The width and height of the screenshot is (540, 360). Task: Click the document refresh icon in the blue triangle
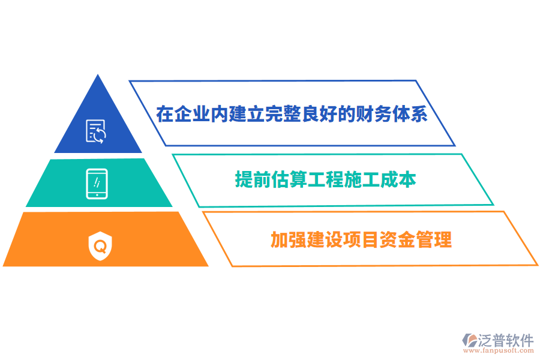(x=96, y=131)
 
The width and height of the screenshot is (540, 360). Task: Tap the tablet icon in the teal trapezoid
(x=97, y=184)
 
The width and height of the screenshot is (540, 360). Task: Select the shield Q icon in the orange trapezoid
(x=100, y=246)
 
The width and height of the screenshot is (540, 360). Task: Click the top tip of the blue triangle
(x=98, y=74)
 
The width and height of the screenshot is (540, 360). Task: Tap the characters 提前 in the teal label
(x=253, y=179)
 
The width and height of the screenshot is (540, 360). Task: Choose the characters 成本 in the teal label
(x=398, y=179)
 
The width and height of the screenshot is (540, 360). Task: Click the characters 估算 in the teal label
(x=289, y=179)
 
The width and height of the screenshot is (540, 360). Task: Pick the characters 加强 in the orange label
(x=289, y=240)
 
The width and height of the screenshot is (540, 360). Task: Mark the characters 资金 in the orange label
(x=397, y=240)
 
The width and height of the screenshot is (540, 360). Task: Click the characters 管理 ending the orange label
(x=434, y=240)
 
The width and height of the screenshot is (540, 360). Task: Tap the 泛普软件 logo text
(x=506, y=340)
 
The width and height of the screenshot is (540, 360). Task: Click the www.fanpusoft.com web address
(x=499, y=350)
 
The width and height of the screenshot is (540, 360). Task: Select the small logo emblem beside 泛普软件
(x=469, y=340)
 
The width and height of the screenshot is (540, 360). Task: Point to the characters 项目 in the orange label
(x=361, y=240)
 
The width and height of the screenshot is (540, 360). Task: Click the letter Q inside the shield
(x=100, y=246)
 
